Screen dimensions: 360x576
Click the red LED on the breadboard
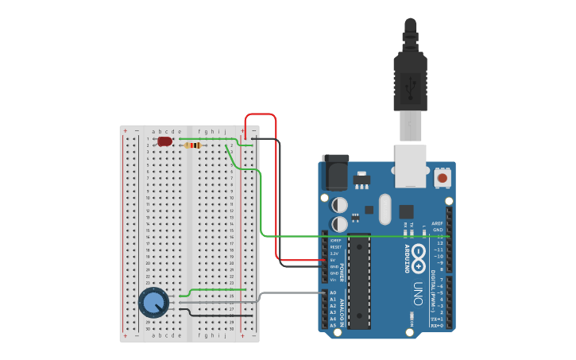[x=164, y=141]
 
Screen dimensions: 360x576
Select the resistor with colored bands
[x=192, y=145]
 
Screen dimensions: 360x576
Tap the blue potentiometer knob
[x=153, y=303]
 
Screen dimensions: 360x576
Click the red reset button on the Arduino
[x=442, y=178]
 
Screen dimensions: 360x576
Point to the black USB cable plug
[x=410, y=79]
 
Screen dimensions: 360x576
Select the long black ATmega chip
[x=359, y=281]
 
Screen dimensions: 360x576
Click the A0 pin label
[x=333, y=292]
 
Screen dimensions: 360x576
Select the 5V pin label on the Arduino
[x=333, y=260]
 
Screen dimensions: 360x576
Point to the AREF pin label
[x=437, y=223]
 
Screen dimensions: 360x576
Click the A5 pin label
[x=333, y=326]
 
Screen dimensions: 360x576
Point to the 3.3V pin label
[x=334, y=254]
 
